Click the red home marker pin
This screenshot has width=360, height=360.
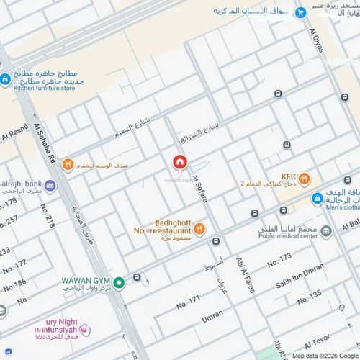[179, 163]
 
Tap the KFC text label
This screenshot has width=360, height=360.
[289, 176]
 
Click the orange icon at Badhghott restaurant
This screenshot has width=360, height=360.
[199, 229]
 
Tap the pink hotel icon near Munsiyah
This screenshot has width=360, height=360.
[84, 330]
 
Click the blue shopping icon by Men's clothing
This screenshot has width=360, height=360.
[316, 198]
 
